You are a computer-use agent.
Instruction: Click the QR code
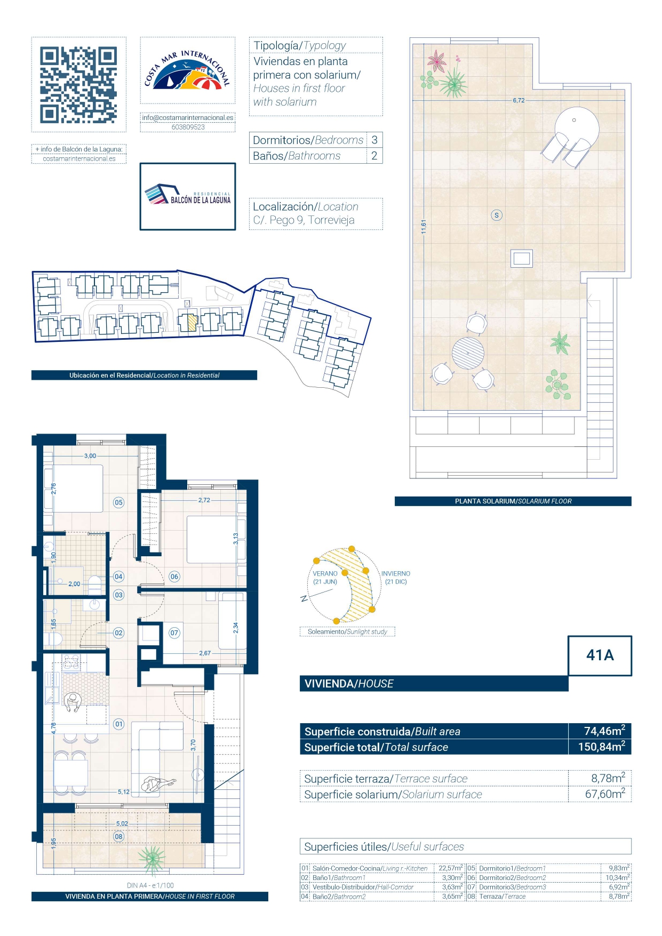78,85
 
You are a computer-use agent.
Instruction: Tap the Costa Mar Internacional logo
187,70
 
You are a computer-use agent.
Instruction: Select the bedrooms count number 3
374,140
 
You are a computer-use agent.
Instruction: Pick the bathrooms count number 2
374,156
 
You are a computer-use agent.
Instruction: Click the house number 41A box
600,655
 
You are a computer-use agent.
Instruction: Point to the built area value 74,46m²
604,731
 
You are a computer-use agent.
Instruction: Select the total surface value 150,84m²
602,747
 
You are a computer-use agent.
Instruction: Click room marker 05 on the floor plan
118,502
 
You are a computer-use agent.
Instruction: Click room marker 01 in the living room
118,724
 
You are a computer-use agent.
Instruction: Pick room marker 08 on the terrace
118,837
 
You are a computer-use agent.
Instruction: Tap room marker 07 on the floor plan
174,633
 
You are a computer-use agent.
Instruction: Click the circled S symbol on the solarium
497,215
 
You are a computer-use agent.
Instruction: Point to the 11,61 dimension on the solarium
424,227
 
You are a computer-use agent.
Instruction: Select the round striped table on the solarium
468,353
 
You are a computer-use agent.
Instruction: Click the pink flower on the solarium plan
437,61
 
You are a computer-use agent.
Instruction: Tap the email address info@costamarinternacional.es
188,118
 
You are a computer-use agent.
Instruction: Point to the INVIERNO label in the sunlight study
396,574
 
